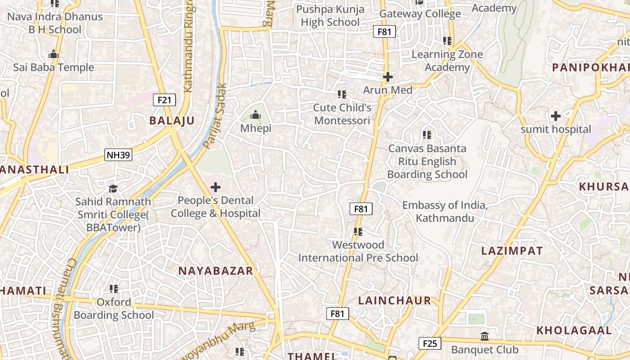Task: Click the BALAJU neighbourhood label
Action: (x=172, y=121)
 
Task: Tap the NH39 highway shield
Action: (x=118, y=155)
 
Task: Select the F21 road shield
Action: (x=164, y=100)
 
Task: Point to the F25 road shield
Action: (x=430, y=344)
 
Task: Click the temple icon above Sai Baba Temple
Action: (x=54, y=54)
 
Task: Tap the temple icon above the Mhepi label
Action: (x=256, y=115)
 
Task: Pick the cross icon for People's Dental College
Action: (x=216, y=187)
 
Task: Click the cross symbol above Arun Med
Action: (x=387, y=77)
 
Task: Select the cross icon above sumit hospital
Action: (x=556, y=116)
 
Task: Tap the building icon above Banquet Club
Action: (x=485, y=336)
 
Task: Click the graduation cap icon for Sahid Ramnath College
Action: (x=113, y=188)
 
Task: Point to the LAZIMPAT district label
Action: (x=512, y=251)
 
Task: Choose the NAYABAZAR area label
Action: (x=216, y=271)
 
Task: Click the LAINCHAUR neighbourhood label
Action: (x=394, y=301)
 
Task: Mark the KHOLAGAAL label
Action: (x=574, y=330)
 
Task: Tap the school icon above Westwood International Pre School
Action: (x=358, y=232)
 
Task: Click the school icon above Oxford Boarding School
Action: (x=114, y=288)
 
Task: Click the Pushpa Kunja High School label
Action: (x=330, y=16)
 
